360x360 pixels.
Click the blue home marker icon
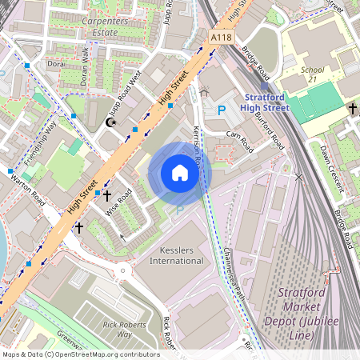[180, 173]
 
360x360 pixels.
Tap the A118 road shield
[221, 38]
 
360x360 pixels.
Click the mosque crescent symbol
[110, 122]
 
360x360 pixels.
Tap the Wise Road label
[119, 206]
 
